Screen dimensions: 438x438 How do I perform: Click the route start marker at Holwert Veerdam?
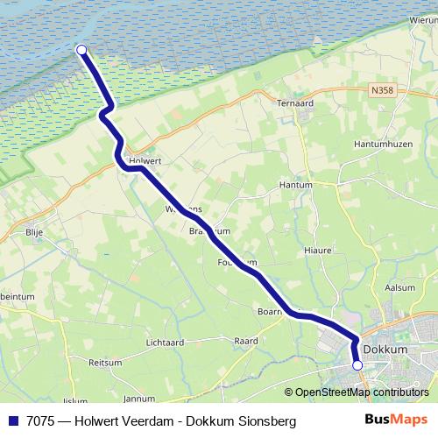(x=81, y=50)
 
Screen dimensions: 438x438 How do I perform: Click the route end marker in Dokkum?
(x=357, y=364)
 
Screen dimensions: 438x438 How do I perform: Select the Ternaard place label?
(x=295, y=102)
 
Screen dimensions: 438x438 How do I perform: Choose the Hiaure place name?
(x=318, y=250)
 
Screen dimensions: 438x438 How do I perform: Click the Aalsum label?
(x=399, y=287)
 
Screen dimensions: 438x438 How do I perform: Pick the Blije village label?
(x=35, y=232)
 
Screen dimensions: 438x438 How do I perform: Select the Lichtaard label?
(x=165, y=343)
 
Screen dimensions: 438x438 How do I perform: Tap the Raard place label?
(x=245, y=341)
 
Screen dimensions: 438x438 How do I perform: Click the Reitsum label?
(x=105, y=362)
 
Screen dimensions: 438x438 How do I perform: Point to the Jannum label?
(x=140, y=398)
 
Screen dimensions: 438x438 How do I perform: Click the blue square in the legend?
(x=14, y=421)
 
